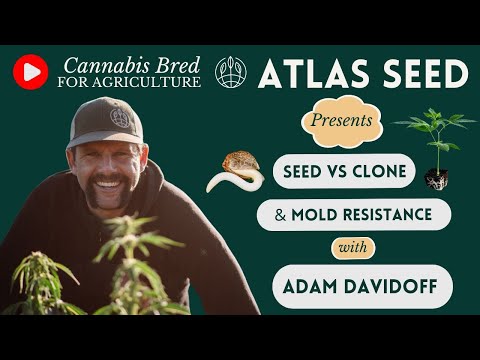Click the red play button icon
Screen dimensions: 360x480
(x=31, y=71)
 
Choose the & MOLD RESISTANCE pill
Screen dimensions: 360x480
(x=354, y=214)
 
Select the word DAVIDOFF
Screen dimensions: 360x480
(x=394, y=287)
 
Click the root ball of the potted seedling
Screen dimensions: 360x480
(x=435, y=178)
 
